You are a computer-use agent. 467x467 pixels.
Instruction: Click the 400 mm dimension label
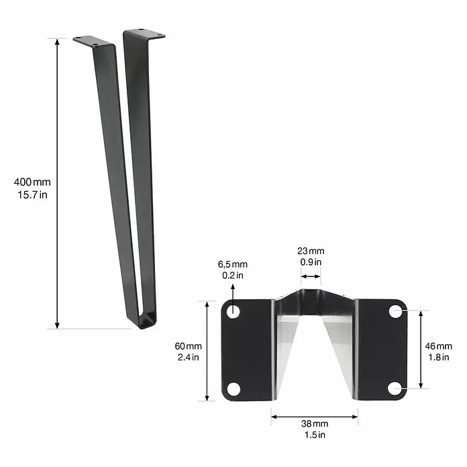[32, 182]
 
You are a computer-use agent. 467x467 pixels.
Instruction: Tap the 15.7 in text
[32, 195]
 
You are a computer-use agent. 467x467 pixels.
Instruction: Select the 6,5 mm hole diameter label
[233, 264]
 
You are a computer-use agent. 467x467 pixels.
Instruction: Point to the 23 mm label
[311, 251]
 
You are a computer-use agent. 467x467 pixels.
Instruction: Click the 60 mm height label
[189, 346]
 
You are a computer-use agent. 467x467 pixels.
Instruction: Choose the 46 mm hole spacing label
[438, 346]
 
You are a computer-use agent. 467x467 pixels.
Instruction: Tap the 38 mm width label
[315, 423]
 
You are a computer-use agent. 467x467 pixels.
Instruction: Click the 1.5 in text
[315, 435]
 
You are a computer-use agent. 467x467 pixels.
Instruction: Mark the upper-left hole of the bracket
[234, 311]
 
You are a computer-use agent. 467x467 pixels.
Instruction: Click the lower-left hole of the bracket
[234, 389]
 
